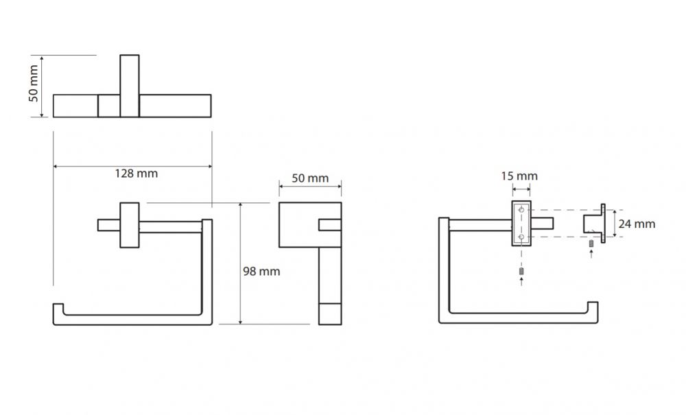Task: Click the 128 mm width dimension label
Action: (x=136, y=174)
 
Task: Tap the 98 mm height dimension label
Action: (x=261, y=272)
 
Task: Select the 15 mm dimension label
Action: (x=519, y=176)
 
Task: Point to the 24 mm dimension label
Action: (x=637, y=224)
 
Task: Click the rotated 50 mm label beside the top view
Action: (x=34, y=84)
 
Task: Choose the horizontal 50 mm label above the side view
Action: (x=310, y=178)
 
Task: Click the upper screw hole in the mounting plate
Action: (x=521, y=211)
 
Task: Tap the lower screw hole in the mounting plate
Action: (x=521, y=237)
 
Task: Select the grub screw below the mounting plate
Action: (x=521, y=272)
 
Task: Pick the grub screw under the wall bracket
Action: (x=591, y=244)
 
